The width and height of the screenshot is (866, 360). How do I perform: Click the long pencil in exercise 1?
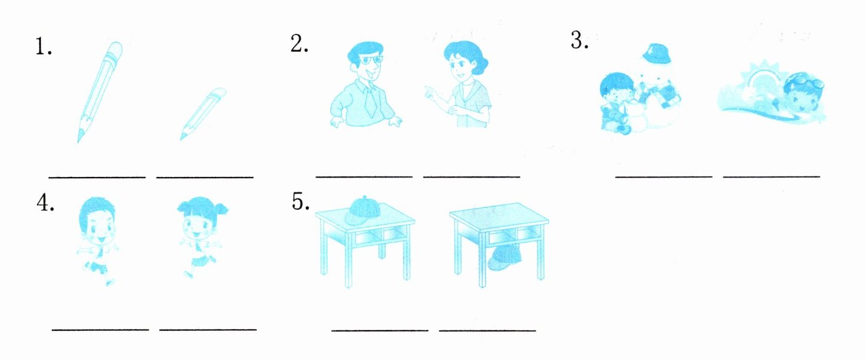pos(100,92)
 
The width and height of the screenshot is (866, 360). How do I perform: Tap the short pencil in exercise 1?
pos(203,114)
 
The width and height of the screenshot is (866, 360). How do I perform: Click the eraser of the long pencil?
pos(115,50)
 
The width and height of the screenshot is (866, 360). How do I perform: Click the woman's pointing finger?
pos(427,91)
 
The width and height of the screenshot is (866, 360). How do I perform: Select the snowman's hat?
pos(656,54)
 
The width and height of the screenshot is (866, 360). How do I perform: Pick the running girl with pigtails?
pos(201,237)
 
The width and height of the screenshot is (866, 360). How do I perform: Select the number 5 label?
pos(300,201)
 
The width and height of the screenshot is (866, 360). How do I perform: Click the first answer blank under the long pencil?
pos(97,178)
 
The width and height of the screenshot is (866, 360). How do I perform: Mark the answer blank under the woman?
pos(471,177)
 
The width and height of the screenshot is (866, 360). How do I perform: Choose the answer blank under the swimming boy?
pos(771,176)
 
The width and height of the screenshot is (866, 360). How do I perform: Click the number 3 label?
pos(579,41)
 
